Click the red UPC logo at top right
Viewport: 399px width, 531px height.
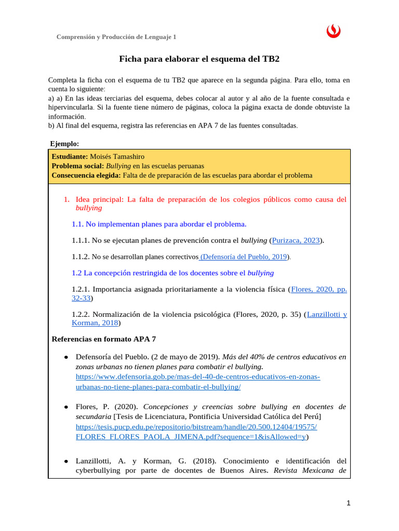pyautogui.click(x=333, y=32)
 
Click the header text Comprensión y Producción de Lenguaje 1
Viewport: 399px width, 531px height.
pyautogui.click(x=116, y=37)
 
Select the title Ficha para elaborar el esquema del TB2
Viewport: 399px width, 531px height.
pyautogui.click(x=199, y=59)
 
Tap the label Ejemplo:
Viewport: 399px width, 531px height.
pyautogui.click(x=64, y=144)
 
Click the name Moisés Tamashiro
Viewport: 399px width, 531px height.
pyautogui.click(x=117, y=157)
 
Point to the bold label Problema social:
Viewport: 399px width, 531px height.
pyautogui.click(x=78, y=166)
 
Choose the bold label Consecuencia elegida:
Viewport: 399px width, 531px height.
pyautogui.click(x=87, y=175)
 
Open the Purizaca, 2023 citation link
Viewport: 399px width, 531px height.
pyautogui.click(x=295, y=241)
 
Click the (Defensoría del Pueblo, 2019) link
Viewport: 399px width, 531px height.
pyautogui.click(x=244, y=257)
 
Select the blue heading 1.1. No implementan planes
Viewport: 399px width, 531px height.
pyautogui.click(x=158, y=224)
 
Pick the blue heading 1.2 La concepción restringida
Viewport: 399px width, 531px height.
pyautogui.click(x=172, y=273)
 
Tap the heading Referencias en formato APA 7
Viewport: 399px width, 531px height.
pyautogui.click(x=104, y=339)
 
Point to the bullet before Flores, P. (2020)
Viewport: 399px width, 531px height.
pyautogui.click(x=66, y=407)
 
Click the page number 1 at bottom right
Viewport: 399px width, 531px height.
pyautogui.click(x=349, y=503)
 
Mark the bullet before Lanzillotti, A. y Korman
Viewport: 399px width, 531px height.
pyautogui.click(x=66, y=461)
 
